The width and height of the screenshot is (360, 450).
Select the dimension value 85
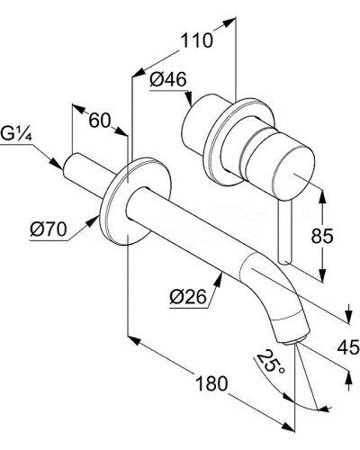coord(322,237)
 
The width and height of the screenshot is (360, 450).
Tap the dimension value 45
coord(348,345)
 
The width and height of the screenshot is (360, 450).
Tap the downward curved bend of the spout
coord(274,297)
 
